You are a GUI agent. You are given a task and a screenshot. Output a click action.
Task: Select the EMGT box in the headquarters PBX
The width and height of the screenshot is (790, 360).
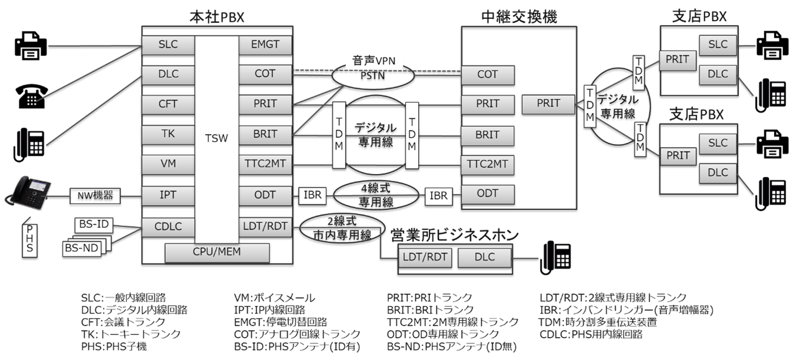point(265,44)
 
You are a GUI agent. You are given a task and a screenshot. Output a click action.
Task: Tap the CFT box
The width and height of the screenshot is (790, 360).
point(168,104)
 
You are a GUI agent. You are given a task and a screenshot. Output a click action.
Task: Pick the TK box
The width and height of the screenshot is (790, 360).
point(168,134)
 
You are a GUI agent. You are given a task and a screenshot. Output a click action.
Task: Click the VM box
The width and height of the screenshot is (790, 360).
point(168,163)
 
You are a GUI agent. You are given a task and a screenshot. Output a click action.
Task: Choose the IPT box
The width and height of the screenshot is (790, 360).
point(168,195)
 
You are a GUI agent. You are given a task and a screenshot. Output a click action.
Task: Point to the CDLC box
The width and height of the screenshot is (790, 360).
point(168,226)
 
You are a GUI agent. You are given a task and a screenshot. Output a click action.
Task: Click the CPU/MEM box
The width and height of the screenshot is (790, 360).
point(217,252)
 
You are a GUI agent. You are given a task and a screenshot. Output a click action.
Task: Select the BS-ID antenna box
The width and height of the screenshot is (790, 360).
point(94,225)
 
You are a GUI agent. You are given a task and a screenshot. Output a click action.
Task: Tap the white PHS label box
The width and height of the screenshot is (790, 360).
point(30,239)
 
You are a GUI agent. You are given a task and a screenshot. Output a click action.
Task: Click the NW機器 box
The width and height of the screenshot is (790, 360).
point(95,195)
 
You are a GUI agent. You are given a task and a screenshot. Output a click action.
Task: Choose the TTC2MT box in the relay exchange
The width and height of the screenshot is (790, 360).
point(488,163)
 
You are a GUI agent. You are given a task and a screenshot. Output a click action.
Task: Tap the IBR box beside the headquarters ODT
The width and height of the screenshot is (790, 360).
point(313,195)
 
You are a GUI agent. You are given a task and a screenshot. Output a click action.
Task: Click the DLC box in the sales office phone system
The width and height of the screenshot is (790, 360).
point(485,256)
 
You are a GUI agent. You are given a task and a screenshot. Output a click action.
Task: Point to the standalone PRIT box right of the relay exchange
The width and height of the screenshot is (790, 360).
point(549,104)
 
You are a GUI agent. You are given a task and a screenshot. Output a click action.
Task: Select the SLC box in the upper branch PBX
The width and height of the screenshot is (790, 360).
point(717,44)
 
